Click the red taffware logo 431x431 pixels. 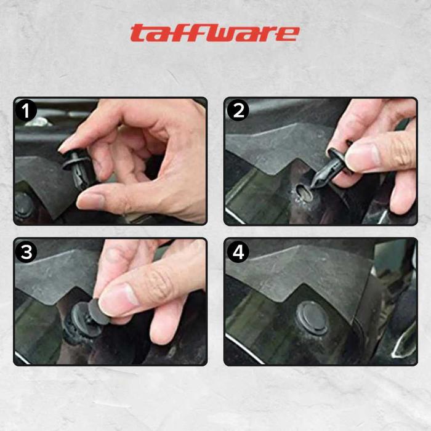coord(215,33)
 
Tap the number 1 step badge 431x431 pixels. coord(26,110)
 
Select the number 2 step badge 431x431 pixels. coord(238,110)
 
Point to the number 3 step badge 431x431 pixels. coord(26,252)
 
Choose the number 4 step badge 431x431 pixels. coord(238,252)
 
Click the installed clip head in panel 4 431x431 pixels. coord(312,318)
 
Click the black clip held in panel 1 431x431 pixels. coord(77,168)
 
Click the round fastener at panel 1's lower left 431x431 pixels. coord(23,206)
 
